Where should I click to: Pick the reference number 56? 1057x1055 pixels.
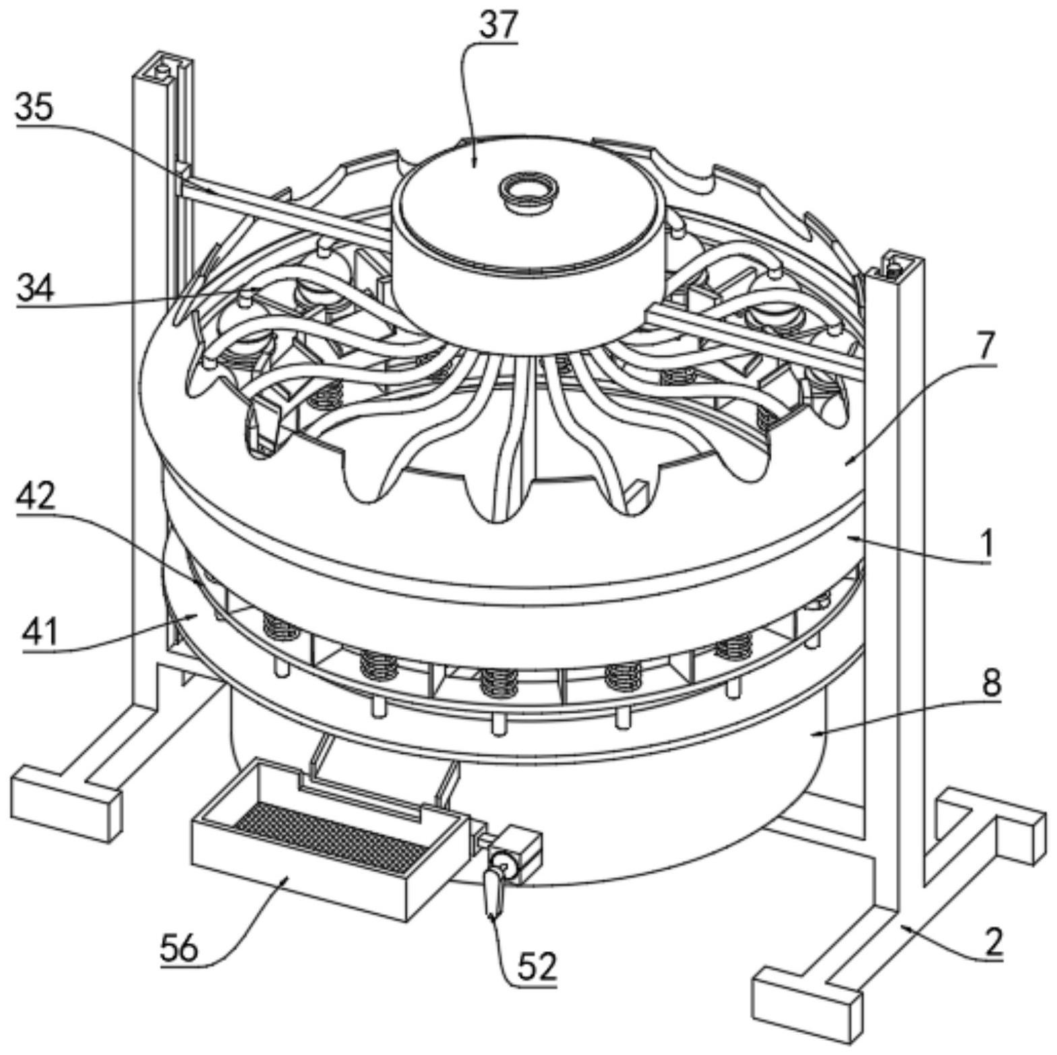180,949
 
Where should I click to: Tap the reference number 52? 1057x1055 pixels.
537,968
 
